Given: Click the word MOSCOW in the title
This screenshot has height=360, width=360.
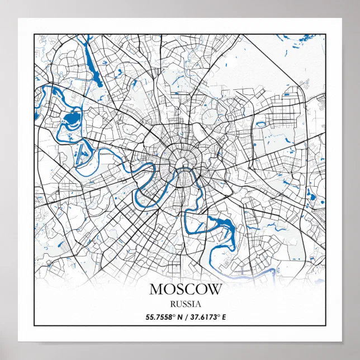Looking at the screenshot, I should [186, 290].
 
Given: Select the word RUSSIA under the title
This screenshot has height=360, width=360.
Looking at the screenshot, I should [186, 305].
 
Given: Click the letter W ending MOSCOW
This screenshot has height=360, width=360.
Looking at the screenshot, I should [215, 290].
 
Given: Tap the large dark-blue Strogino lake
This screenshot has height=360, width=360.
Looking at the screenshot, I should [72, 119].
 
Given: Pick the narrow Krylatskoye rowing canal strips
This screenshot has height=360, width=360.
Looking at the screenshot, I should [82, 152].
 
